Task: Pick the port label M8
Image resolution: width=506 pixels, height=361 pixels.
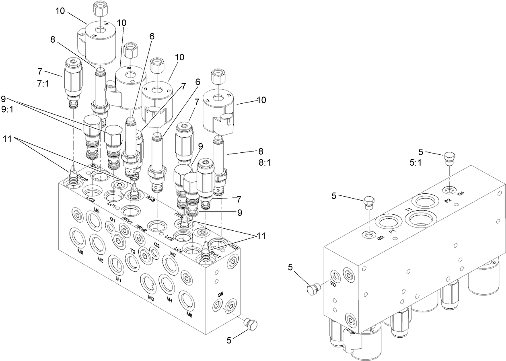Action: (x=189, y=315)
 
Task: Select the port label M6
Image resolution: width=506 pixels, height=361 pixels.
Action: (x=80, y=252)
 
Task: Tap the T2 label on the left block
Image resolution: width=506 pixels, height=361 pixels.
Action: (x=132, y=251)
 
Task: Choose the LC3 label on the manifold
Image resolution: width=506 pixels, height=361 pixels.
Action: (x=91, y=200)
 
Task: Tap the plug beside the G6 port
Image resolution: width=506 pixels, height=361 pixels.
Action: (x=251, y=324)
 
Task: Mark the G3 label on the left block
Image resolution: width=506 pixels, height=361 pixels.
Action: (x=157, y=245)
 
